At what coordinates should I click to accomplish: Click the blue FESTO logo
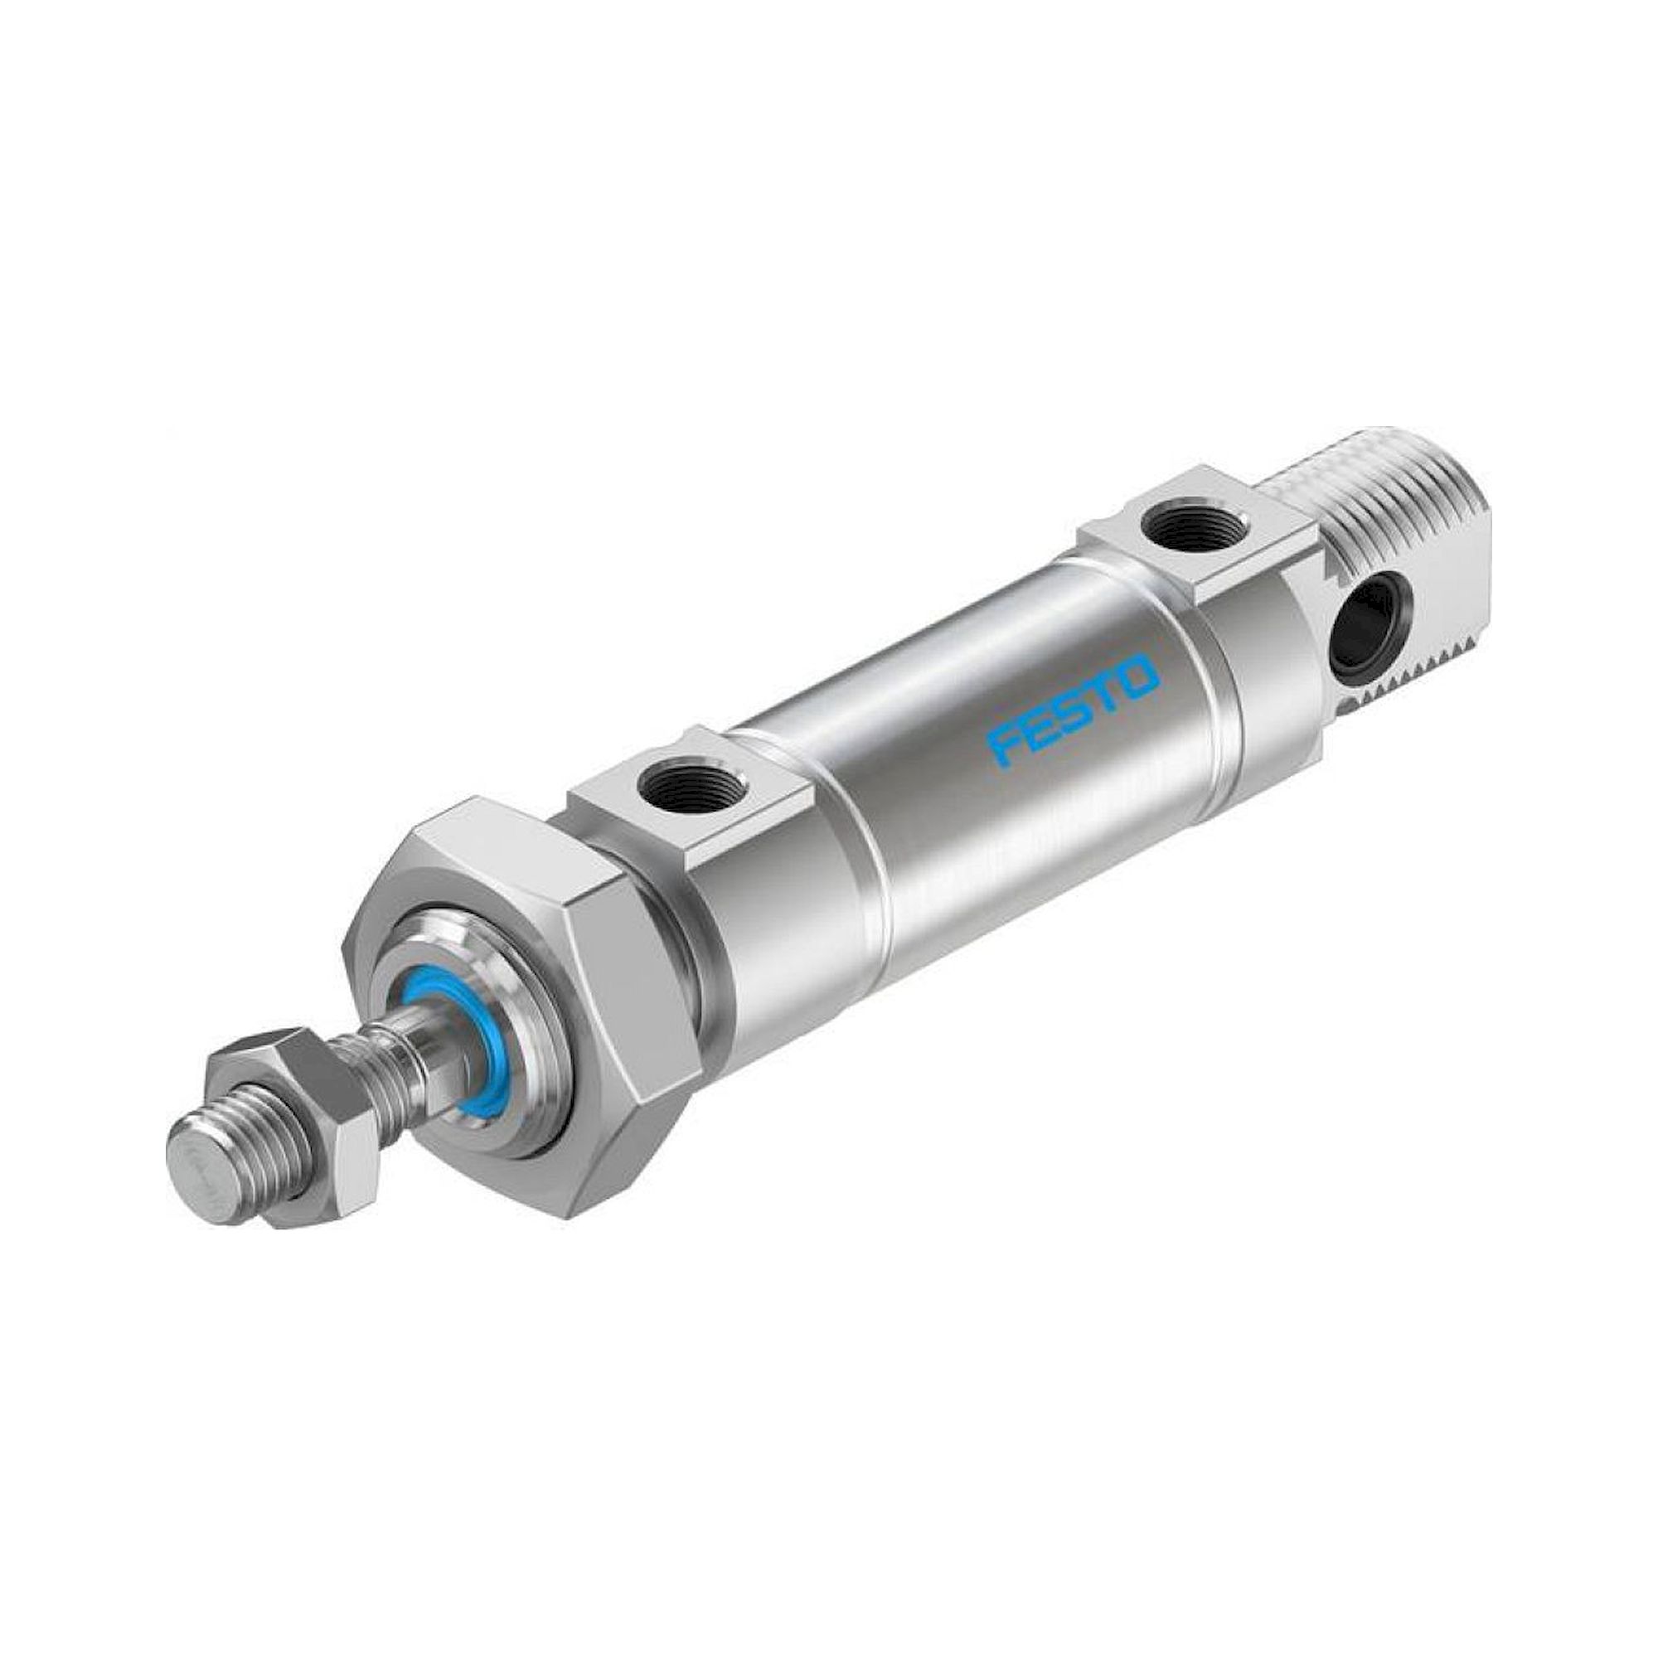tap(1074, 708)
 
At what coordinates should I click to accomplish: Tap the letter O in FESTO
tap(1139, 670)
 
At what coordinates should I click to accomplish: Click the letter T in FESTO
tap(1106, 687)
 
